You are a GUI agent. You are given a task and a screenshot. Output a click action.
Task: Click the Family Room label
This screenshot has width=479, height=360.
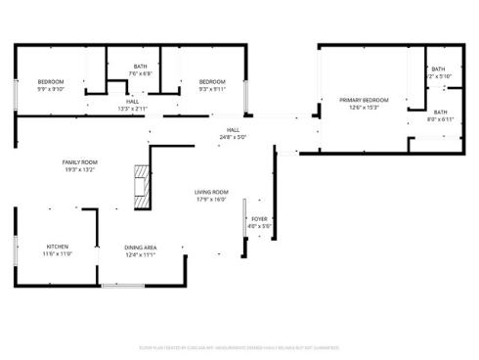pyautogui.click(x=79, y=162)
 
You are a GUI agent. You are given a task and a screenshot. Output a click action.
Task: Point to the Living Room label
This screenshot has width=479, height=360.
pyautogui.click(x=211, y=192)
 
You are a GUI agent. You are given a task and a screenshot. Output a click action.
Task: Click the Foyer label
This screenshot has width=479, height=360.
pyautogui.click(x=259, y=219)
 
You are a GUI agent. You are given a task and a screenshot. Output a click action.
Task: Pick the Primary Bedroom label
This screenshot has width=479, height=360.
pyautogui.click(x=364, y=100)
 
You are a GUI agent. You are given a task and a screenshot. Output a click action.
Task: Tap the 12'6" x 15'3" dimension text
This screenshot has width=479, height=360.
pyautogui.click(x=364, y=108)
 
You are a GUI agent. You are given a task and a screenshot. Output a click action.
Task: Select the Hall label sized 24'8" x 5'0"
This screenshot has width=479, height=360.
pyautogui.click(x=234, y=129)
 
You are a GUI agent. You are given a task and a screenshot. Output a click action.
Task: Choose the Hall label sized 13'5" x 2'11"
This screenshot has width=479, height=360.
pyautogui.click(x=132, y=101)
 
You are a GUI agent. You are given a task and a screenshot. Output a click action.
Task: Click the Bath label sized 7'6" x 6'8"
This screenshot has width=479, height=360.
pyautogui.click(x=142, y=67)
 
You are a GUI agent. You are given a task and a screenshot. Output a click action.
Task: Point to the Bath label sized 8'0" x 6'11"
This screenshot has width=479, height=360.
pyautogui.click(x=441, y=112)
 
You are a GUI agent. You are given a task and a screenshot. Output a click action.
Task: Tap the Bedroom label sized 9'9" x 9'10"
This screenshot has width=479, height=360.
pyautogui.click(x=51, y=81)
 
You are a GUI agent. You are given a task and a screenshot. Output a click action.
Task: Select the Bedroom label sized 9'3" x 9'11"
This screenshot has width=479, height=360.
pyautogui.click(x=212, y=81)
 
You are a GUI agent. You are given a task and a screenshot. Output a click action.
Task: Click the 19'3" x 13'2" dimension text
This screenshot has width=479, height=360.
pyautogui.click(x=79, y=170)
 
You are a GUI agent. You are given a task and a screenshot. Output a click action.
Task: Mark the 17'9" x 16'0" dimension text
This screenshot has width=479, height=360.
pyautogui.click(x=211, y=200)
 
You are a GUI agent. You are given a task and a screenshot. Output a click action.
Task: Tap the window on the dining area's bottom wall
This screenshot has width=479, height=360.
pyautogui.click(x=123, y=286)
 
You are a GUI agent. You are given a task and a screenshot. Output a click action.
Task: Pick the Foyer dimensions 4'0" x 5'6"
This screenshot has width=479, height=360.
pyautogui.click(x=259, y=226)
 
